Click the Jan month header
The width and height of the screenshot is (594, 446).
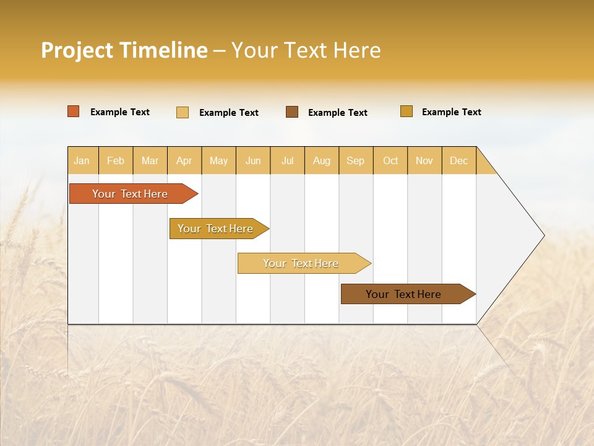(x=82, y=160)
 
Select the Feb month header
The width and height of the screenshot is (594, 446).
(x=116, y=160)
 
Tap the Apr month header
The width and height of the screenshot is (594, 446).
(x=184, y=160)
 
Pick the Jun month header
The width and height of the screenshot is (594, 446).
(x=253, y=160)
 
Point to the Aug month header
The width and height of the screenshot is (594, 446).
(x=322, y=160)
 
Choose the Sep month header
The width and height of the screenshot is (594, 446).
(x=356, y=160)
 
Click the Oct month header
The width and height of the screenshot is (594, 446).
(x=390, y=160)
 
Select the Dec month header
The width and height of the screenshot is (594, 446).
(x=459, y=160)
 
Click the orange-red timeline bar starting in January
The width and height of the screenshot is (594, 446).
(x=130, y=194)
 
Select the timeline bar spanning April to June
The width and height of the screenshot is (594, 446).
(x=215, y=229)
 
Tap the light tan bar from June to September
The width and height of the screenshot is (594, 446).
(x=301, y=263)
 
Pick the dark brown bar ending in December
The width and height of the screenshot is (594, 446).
(x=403, y=294)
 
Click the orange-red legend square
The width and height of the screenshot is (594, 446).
(x=74, y=111)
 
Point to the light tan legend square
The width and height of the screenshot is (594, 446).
(x=183, y=112)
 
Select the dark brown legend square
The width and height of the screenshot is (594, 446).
(x=292, y=112)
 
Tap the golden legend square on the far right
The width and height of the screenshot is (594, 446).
(x=407, y=111)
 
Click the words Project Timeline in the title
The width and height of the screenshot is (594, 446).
(x=124, y=50)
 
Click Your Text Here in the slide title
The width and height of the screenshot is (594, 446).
(x=306, y=50)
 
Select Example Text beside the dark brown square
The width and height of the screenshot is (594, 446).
(x=337, y=113)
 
